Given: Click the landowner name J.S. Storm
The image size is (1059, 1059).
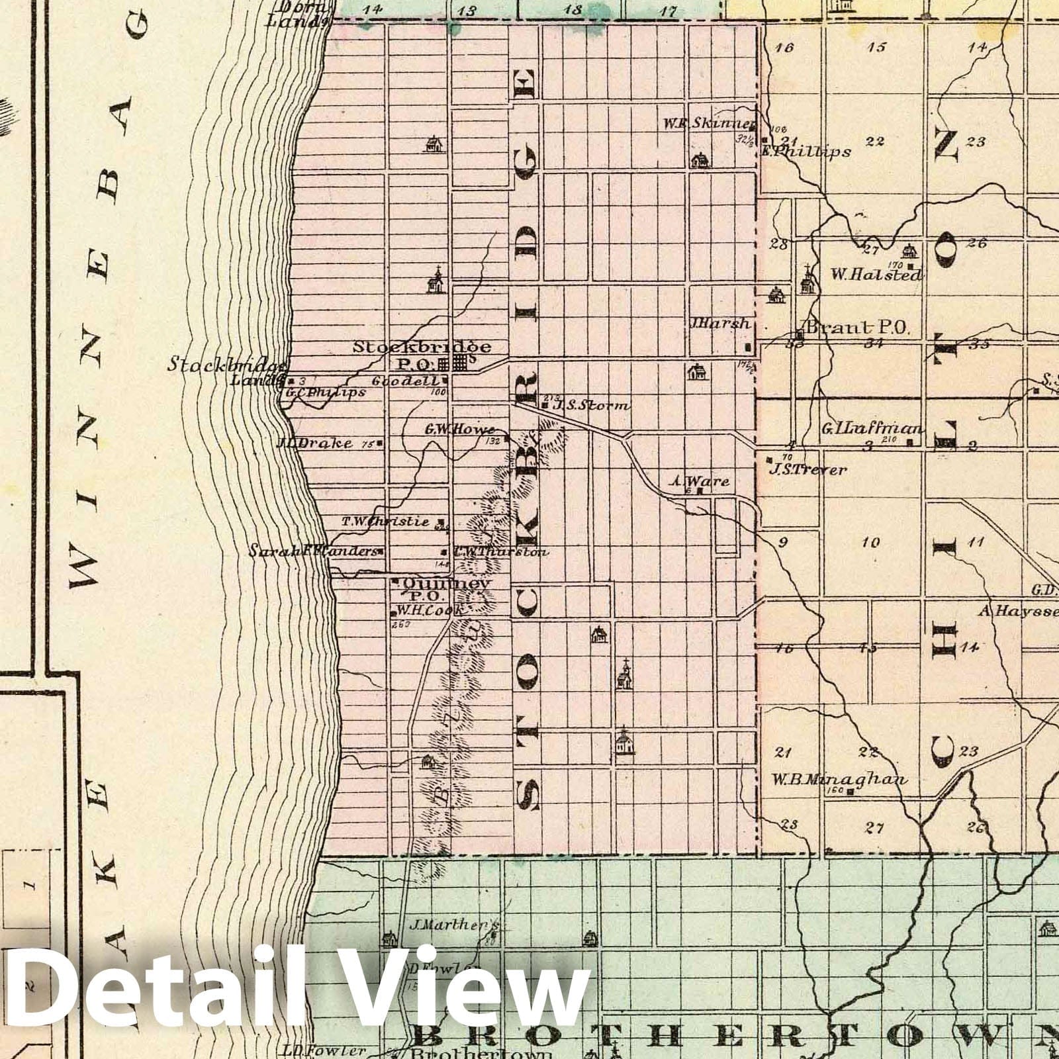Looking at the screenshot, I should pos(591,405).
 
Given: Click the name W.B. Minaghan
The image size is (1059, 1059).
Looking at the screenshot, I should pos(839,779).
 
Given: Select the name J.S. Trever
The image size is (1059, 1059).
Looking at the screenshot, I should pos(807,470).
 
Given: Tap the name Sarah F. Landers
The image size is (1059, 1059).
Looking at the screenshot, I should pos(313,551).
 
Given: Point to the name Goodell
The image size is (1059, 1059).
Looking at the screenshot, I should pos(414,381).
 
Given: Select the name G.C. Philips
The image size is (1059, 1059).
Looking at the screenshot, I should pos(324,392).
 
